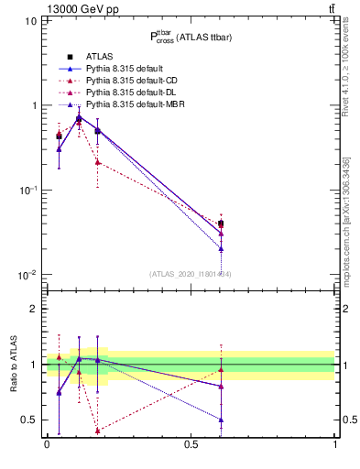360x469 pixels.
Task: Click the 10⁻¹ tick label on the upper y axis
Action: point(27,191)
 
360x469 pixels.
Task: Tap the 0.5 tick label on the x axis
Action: point(191,444)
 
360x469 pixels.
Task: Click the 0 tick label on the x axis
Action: point(47,444)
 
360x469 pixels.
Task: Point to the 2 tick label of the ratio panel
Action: point(33,310)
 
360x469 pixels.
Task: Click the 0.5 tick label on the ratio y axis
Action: point(28,420)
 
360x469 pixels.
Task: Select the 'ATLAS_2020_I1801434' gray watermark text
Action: point(191,273)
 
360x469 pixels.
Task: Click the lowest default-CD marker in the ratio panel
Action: point(98,431)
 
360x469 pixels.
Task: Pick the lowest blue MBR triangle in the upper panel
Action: point(221,248)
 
